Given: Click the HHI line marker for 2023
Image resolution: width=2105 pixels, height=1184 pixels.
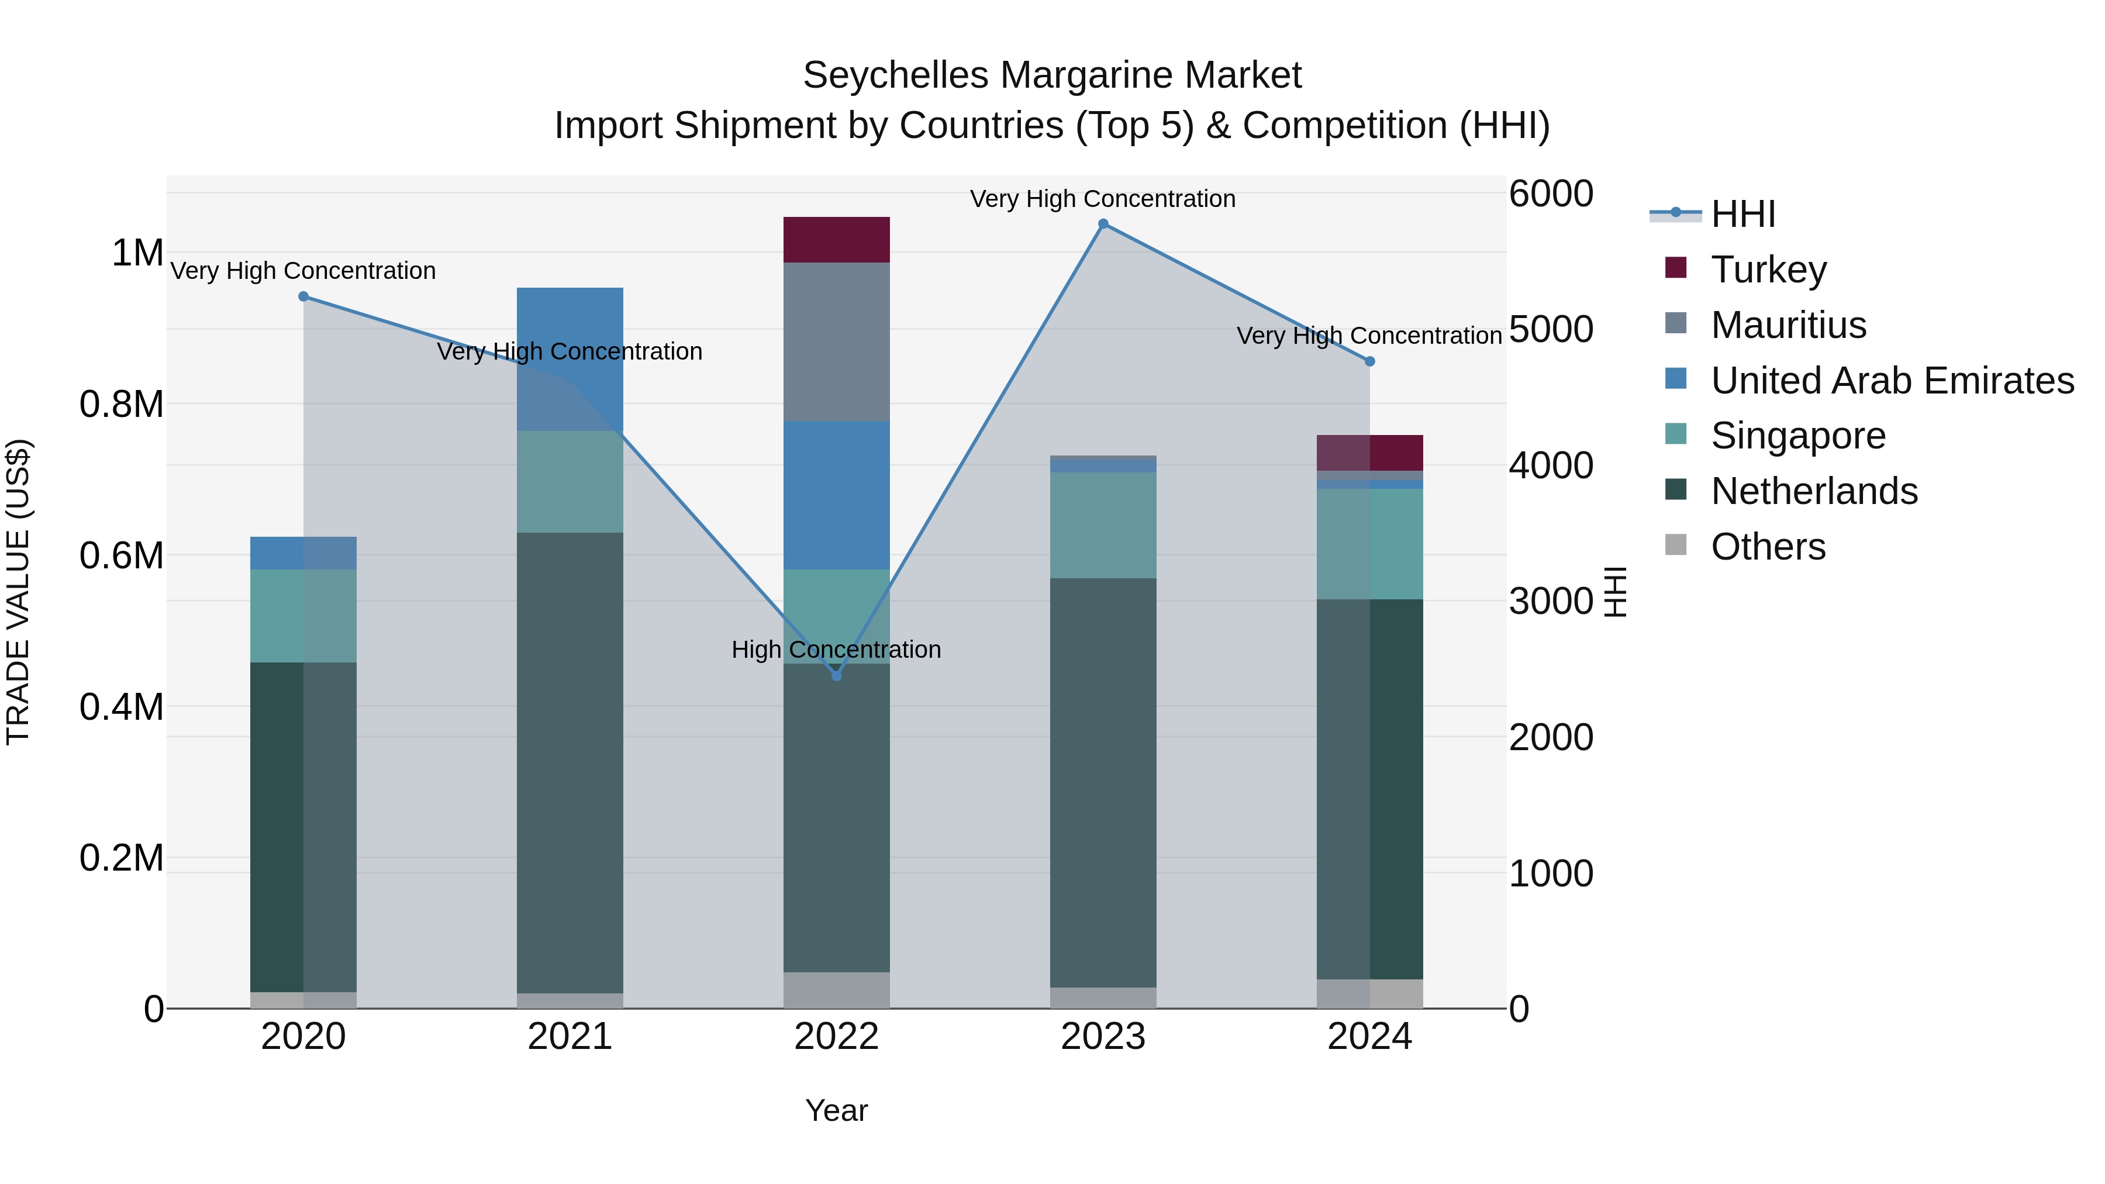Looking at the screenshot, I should [x=1103, y=224].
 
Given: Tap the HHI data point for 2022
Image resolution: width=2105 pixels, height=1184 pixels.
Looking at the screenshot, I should [x=836, y=676].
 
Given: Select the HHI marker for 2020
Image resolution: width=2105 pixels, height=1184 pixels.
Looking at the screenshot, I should [x=303, y=296].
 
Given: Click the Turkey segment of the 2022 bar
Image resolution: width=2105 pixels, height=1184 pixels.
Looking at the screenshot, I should [x=836, y=239].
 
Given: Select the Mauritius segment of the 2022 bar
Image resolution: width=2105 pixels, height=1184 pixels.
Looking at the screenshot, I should [x=836, y=341].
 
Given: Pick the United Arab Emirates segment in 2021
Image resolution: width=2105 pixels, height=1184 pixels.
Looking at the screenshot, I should [x=570, y=359].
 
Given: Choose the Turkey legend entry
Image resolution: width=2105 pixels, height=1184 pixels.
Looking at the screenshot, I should [x=1768, y=269].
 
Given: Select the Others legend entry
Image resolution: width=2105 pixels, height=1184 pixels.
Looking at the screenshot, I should [x=1768, y=546].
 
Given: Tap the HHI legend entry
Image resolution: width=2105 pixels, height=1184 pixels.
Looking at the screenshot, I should [x=1742, y=214].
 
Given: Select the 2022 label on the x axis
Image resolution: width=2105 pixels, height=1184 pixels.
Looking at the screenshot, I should [x=836, y=1037].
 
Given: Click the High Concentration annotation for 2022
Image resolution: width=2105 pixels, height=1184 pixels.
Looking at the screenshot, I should [x=836, y=650].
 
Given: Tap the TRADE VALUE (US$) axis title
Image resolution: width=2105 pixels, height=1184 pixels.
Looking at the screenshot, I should [x=19, y=592].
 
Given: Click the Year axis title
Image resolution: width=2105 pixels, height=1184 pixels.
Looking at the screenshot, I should [x=836, y=1110].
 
